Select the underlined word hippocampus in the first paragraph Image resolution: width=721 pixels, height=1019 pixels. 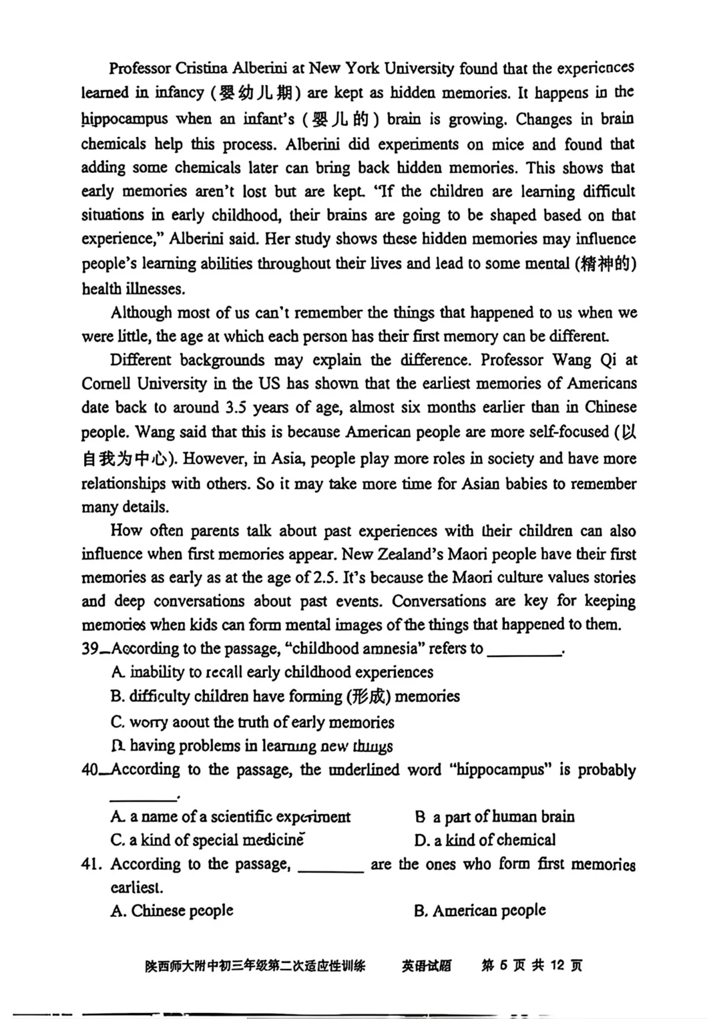point(125,120)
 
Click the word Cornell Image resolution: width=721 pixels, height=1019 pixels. point(109,384)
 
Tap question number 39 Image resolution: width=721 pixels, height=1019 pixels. point(91,649)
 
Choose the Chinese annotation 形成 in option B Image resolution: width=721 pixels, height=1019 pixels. point(368,696)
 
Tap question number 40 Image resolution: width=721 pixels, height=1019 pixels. point(91,770)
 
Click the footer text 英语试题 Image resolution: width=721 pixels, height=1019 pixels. point(427,966)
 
